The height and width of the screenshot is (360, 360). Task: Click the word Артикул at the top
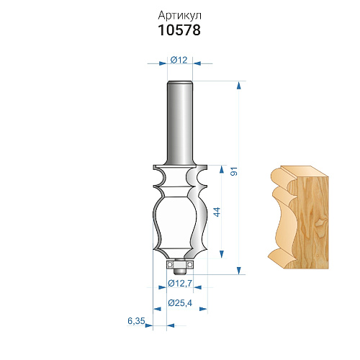click(179, 17)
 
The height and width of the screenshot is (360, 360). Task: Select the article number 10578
click(179, 30)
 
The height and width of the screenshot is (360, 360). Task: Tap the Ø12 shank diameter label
click(179, 60)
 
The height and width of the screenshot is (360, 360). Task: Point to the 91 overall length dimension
click(234, 171)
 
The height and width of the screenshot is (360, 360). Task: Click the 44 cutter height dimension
click(217, 212)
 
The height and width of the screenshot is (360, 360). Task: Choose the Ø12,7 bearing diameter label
click(180, 284)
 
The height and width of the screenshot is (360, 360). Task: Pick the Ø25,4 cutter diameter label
click(180, 303)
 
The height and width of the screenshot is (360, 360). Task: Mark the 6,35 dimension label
click(136, 321)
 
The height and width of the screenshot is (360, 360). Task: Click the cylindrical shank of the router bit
click(180, 123)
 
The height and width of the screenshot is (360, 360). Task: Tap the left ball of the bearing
click(170, 264)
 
